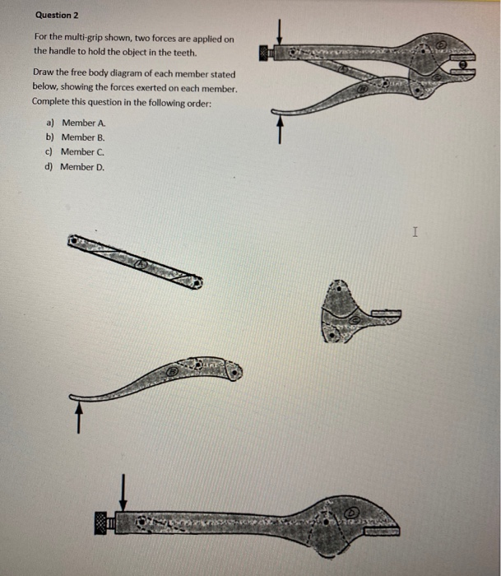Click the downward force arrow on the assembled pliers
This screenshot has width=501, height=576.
(x=280, y=31)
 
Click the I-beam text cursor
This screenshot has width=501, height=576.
(x=415, y=234)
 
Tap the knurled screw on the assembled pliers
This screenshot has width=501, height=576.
(x=265, y=53)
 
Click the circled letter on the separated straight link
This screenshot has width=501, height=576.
(x=141, y=265)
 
